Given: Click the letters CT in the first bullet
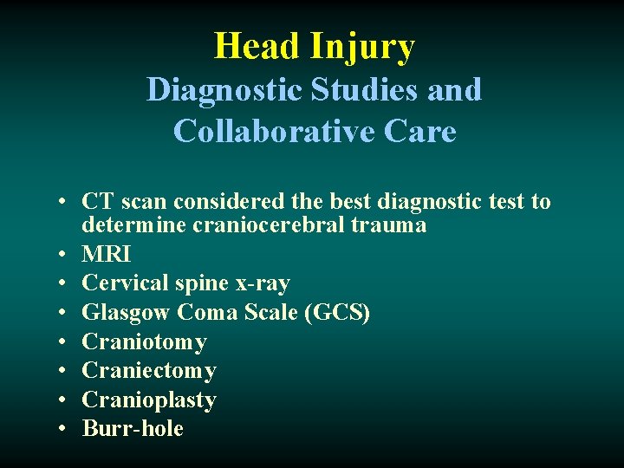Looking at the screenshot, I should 97,202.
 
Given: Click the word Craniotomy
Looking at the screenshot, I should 144,342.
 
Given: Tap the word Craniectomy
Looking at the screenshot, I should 149,371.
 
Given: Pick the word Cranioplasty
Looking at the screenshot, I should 149,400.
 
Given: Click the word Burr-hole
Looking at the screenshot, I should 133,428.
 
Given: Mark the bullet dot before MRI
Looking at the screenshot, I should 65,255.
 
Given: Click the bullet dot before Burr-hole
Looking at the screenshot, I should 65,429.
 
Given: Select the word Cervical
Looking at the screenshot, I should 119,283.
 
